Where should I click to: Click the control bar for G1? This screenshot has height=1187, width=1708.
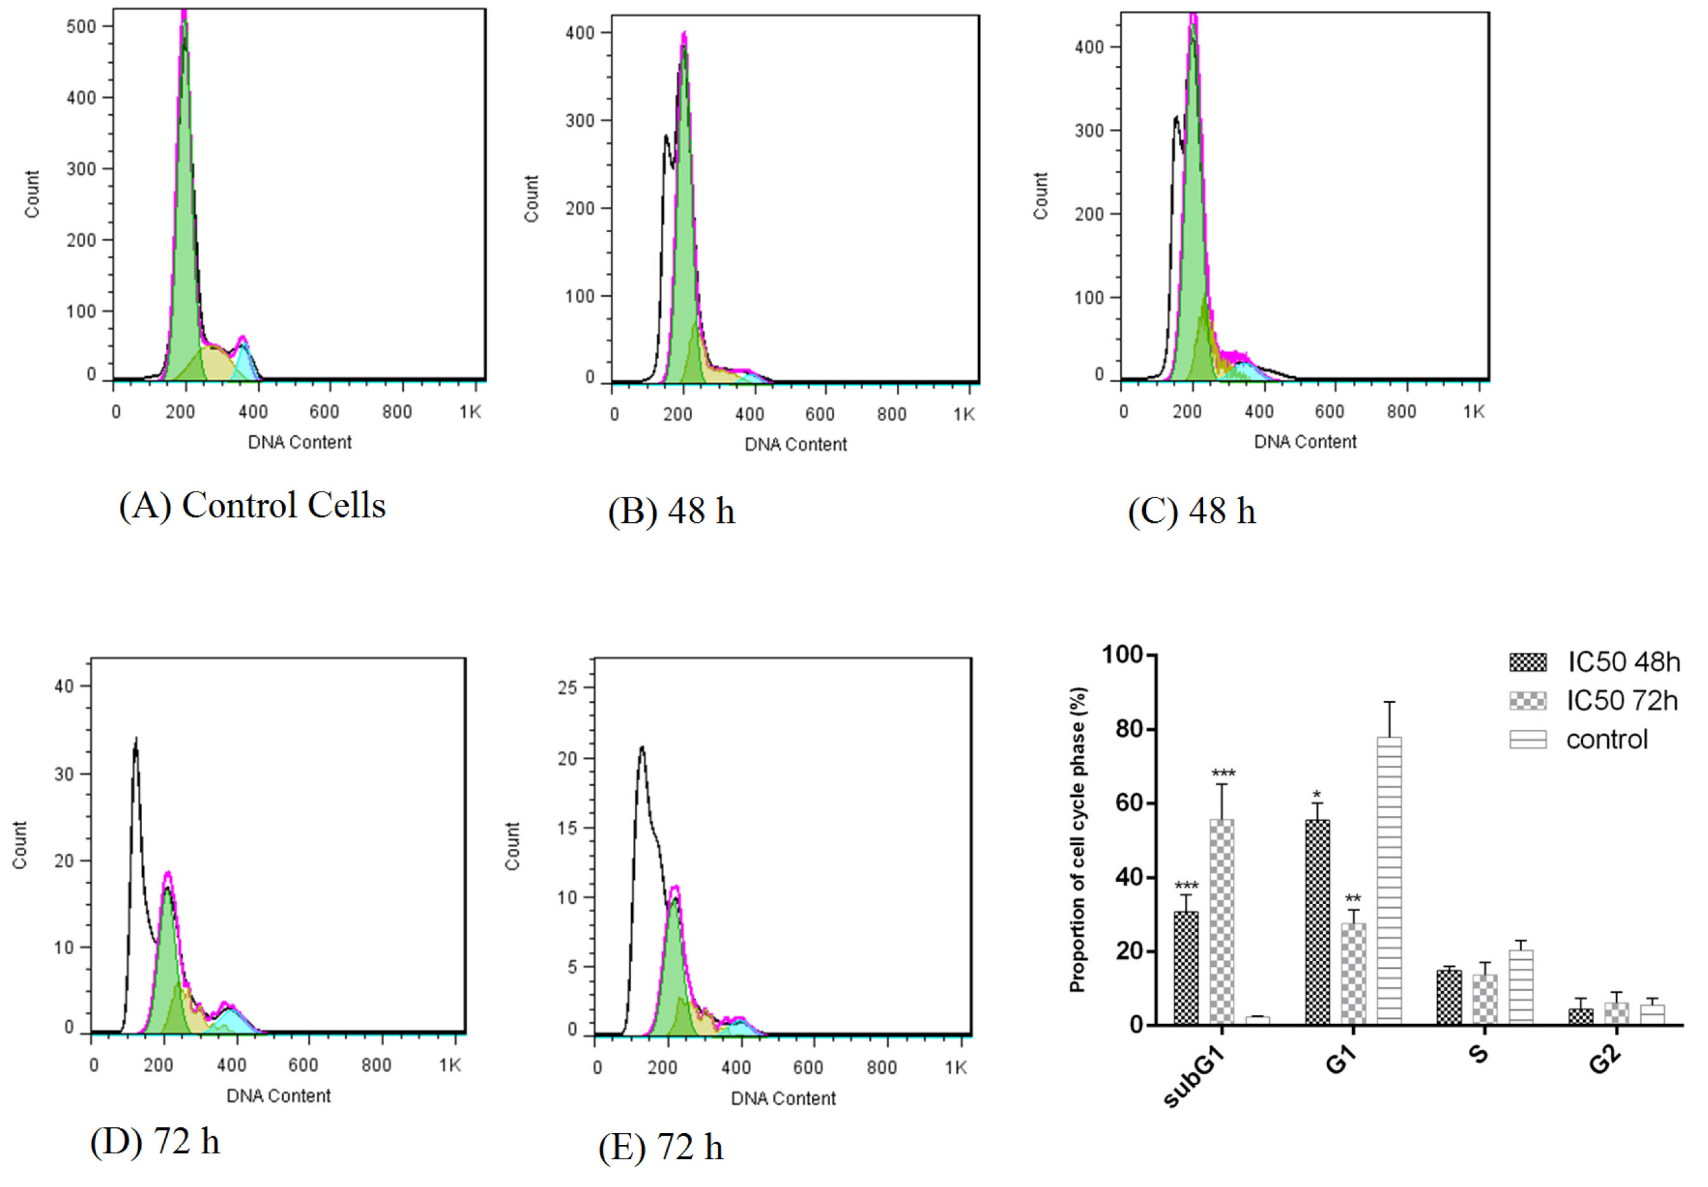pos(1389,881)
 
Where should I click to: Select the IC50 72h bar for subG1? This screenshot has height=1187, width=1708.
pos(1222,922)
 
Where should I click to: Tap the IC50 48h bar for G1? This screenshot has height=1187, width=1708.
pos(1317,922)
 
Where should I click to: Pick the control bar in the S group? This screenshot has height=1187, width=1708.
pos(1521,987)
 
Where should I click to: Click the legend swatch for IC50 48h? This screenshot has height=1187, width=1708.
pos(1527,662)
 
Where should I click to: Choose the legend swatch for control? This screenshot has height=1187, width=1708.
pos(1527,739)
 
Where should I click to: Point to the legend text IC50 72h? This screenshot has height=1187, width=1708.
pos(1622,700)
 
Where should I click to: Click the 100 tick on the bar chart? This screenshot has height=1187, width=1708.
pos(1121,655)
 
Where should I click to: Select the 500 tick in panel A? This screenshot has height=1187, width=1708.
pos(81,27)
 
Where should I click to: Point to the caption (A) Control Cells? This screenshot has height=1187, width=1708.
pos(252,506)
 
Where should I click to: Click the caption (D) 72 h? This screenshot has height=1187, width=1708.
pos(155,1141)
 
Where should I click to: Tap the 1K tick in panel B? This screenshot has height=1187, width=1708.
pos(963,414)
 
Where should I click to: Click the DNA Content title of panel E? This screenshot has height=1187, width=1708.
pos(783,1098)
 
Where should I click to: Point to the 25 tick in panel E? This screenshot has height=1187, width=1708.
pos(568,688)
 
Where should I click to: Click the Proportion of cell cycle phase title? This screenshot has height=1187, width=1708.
pos(1078,840)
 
